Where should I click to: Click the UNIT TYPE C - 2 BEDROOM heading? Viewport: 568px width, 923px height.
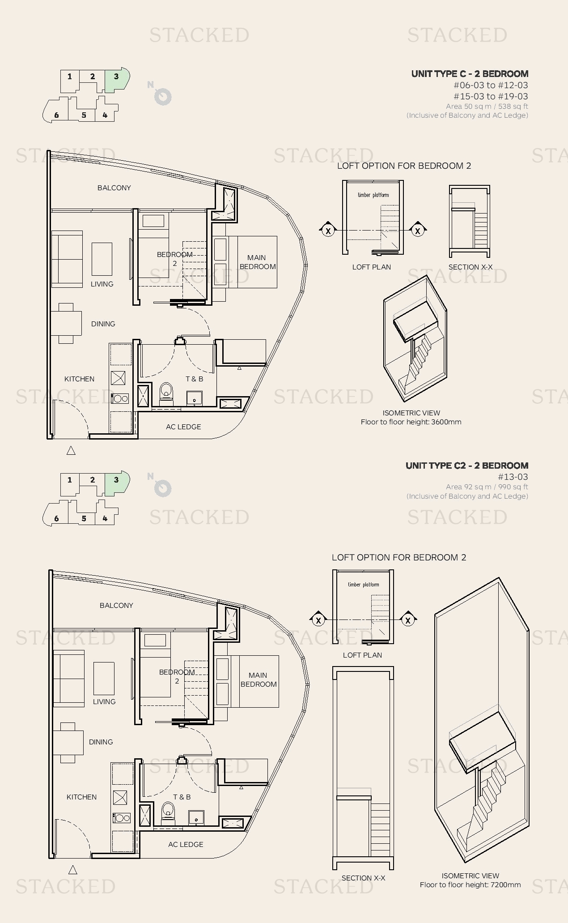pyautogui.click(x=470, y=74)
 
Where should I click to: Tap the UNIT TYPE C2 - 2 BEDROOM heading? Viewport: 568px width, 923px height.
pyautogui.click(x=466, y=466)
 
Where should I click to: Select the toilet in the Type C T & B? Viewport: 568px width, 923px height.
pyautogui.click(x=166, y=392)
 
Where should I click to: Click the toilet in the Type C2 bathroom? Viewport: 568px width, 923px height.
pyautogui.click(x=168, y=811)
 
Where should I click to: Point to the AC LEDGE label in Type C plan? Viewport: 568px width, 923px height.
pyautogui.click(x=183, y=427)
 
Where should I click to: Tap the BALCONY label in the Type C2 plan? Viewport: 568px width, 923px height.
pyautogui.click(x=116, y=606)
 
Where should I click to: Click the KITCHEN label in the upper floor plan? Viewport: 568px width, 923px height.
pyautogui.click(x=79, y=379)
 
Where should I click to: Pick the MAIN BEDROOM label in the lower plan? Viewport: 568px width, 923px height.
pyautogui.click(x=259, y=679)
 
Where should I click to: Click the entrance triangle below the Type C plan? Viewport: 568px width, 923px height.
pyautogui.click(x=71, y=451)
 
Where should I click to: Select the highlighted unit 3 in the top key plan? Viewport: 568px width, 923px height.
pyautogui.click(x=116, y=77)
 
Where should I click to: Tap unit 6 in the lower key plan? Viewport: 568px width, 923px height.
pyautogui.click(x=56, y=519)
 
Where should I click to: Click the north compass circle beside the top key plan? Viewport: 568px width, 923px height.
pyautogui.click(x=163, y=97)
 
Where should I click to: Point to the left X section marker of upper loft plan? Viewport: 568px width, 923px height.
pyautogui.click(x=328, y=231)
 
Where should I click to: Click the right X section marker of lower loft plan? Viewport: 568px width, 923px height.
pyautogui.click(x=408, y=620)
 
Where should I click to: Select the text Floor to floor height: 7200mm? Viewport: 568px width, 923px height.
pyautogui.click(x=470, y=885)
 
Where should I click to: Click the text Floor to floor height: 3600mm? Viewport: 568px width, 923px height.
pyautogui.click(x=411, y=422)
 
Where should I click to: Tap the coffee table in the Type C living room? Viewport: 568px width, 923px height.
pyautogui.click(x=102, y=259)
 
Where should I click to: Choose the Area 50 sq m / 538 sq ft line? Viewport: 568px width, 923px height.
pyautogui.click(x=487, y=107)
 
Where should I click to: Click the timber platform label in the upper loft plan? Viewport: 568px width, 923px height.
pyautogui.click(x=373, y=195)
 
